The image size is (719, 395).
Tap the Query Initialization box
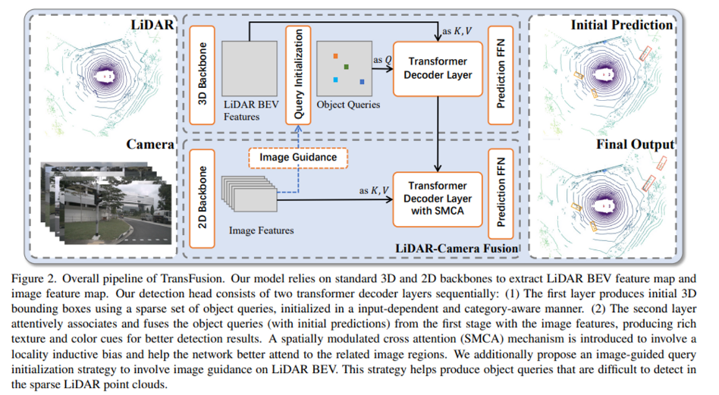(x=298, y=74)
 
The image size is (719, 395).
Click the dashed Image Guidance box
(x=298, y=157)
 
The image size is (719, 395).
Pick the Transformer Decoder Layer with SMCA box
(x=437, y=197)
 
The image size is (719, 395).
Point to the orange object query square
(x=334, y=56)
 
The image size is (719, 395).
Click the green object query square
(x=346, y=68)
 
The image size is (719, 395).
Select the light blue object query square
(x=334, y=80)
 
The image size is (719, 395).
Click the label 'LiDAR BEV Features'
(x=247, y=111)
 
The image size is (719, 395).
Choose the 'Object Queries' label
(x=348, y=105)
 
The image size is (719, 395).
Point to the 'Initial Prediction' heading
(x=622, y=25)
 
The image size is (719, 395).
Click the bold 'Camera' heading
(x=152, y=144)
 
